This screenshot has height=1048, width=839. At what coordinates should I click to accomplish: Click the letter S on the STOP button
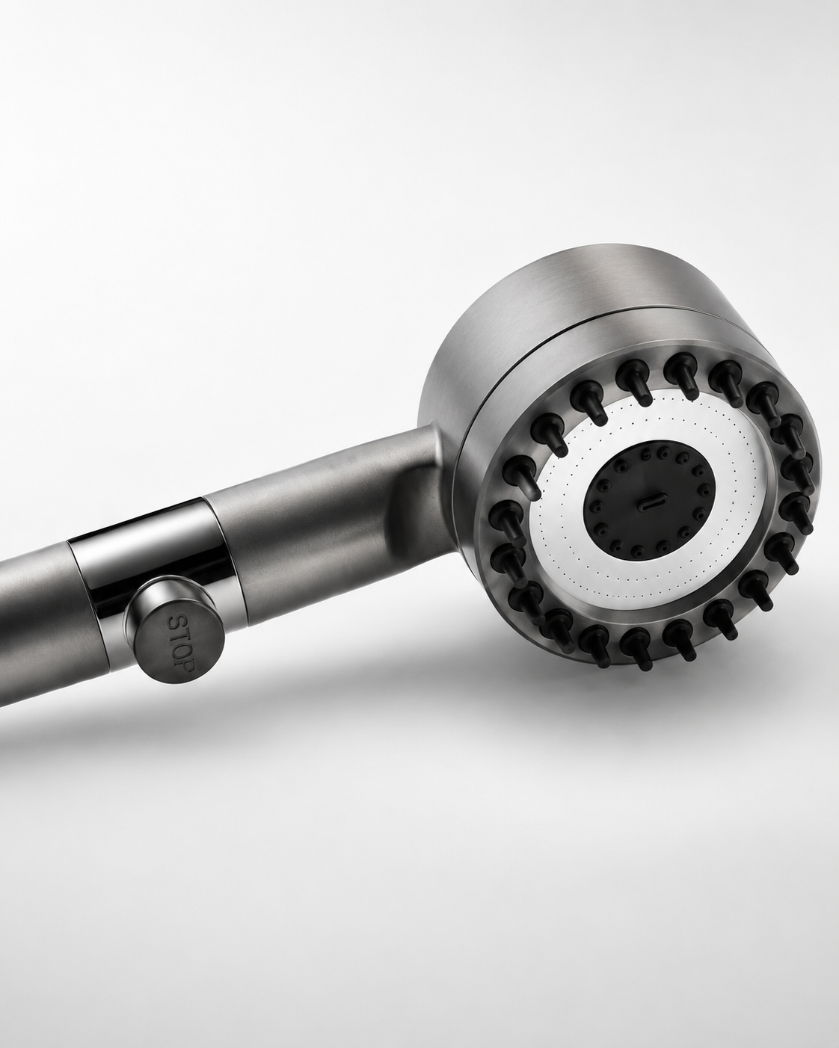tap(175, 624)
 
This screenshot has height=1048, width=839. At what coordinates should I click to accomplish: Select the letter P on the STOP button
tap(187, 665)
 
